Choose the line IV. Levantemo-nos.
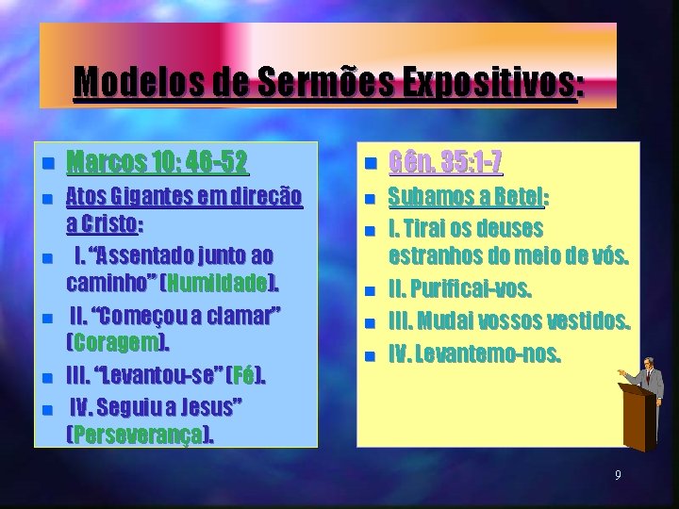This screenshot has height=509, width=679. [488, 355]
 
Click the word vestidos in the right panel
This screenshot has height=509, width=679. [586, 322]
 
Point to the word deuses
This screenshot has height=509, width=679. [510, 229]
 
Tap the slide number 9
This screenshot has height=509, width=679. [618, 475]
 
